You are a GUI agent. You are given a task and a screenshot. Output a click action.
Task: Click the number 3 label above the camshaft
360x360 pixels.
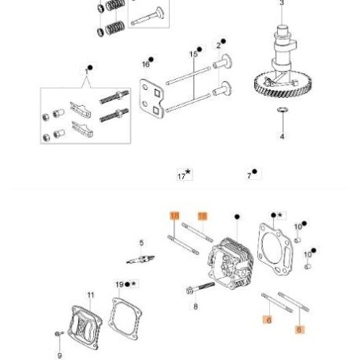(x=281, y=3)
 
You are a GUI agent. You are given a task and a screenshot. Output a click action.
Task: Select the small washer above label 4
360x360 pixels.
(x=282, y=111)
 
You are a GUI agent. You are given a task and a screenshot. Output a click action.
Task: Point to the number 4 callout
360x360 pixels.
(x=282, y=136)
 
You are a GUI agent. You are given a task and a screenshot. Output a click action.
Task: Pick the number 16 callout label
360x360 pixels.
(x=146, y=63)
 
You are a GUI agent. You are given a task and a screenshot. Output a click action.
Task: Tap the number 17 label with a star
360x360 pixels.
(x=183, y=174)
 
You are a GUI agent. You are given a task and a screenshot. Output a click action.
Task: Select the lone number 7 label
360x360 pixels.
(x=251, y=174)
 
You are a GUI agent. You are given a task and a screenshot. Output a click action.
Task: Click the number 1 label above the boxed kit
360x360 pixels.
(x=87, y=71)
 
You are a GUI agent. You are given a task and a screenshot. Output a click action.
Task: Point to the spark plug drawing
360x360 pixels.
(x=140, y=258)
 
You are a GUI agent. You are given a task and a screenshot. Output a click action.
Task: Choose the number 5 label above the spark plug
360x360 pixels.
(x=141, y=243)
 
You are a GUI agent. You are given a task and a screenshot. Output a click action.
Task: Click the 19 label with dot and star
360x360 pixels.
(x=124, y=284)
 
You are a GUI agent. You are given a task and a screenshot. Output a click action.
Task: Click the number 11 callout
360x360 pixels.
(x=90, y=295)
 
